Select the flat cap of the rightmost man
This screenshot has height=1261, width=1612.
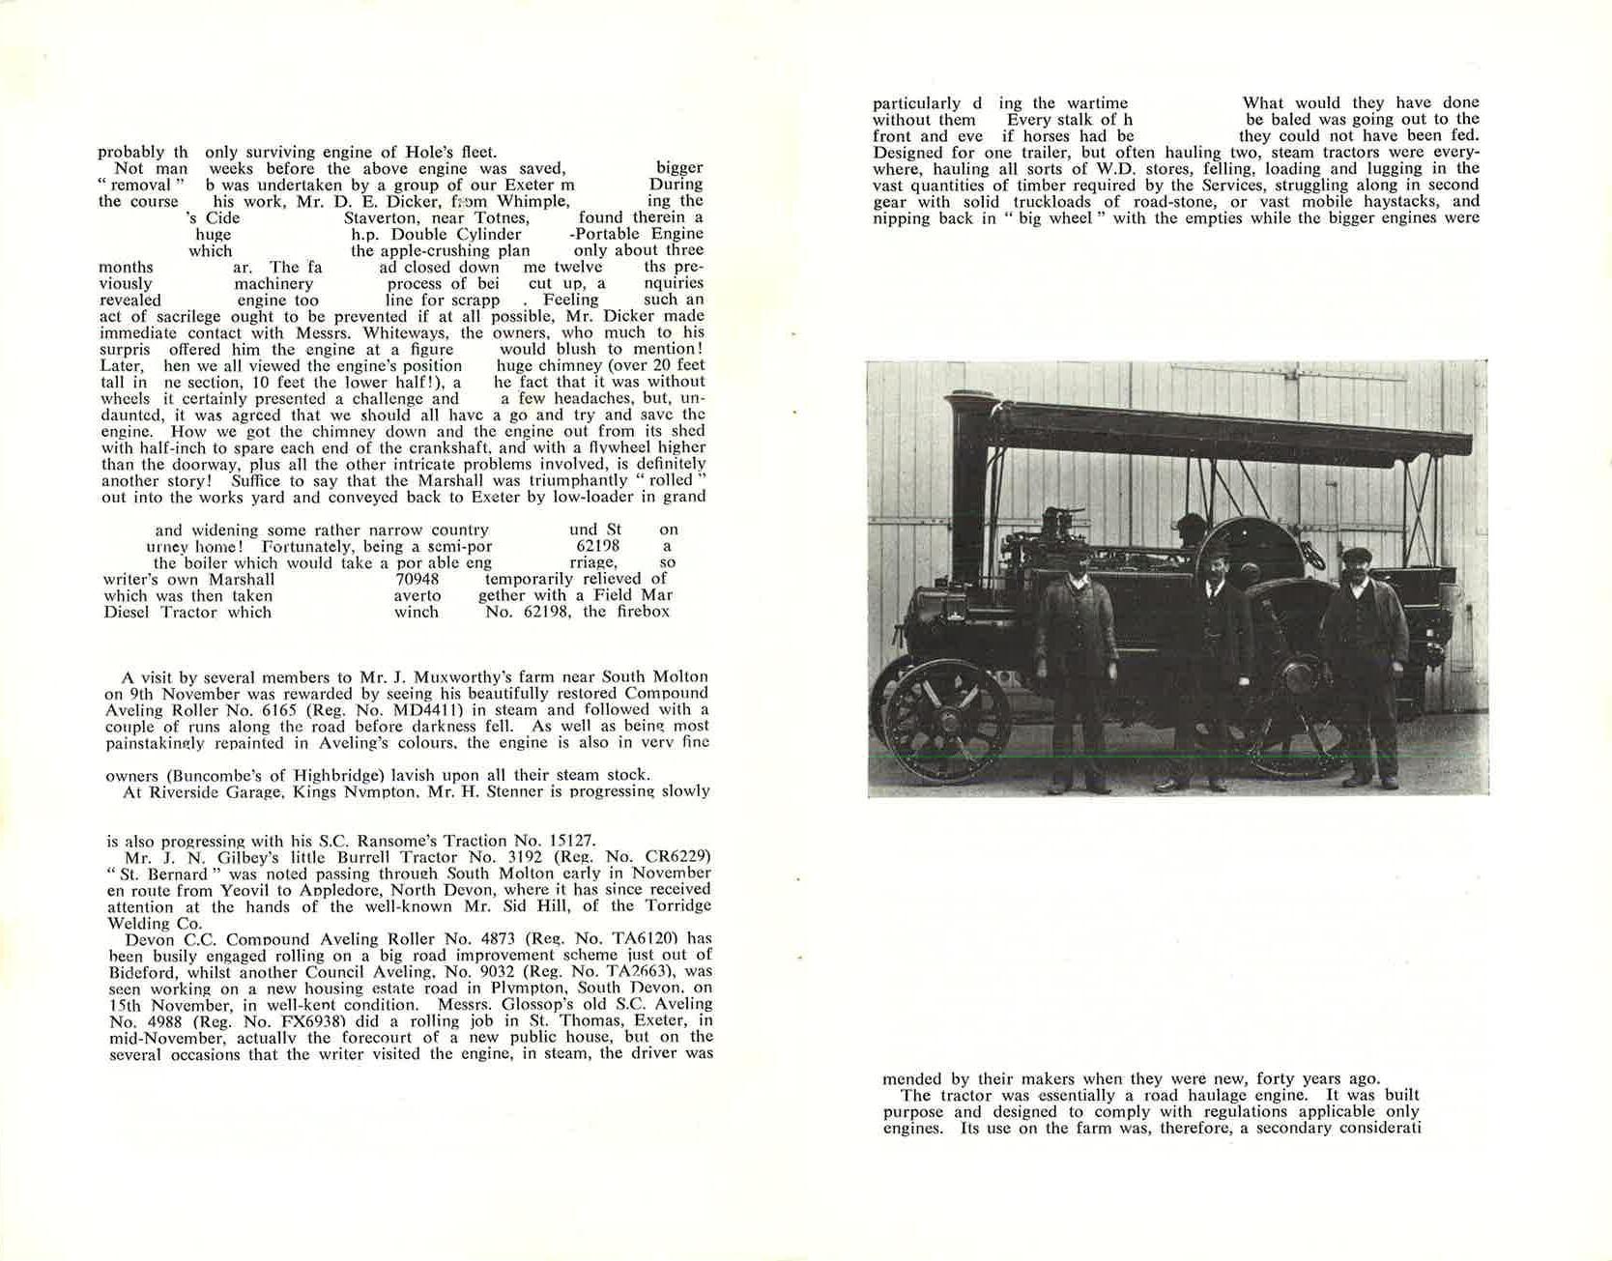click(1358, 556)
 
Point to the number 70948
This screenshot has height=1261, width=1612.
click(417, 580)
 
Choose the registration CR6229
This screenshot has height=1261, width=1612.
click(673, 856)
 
